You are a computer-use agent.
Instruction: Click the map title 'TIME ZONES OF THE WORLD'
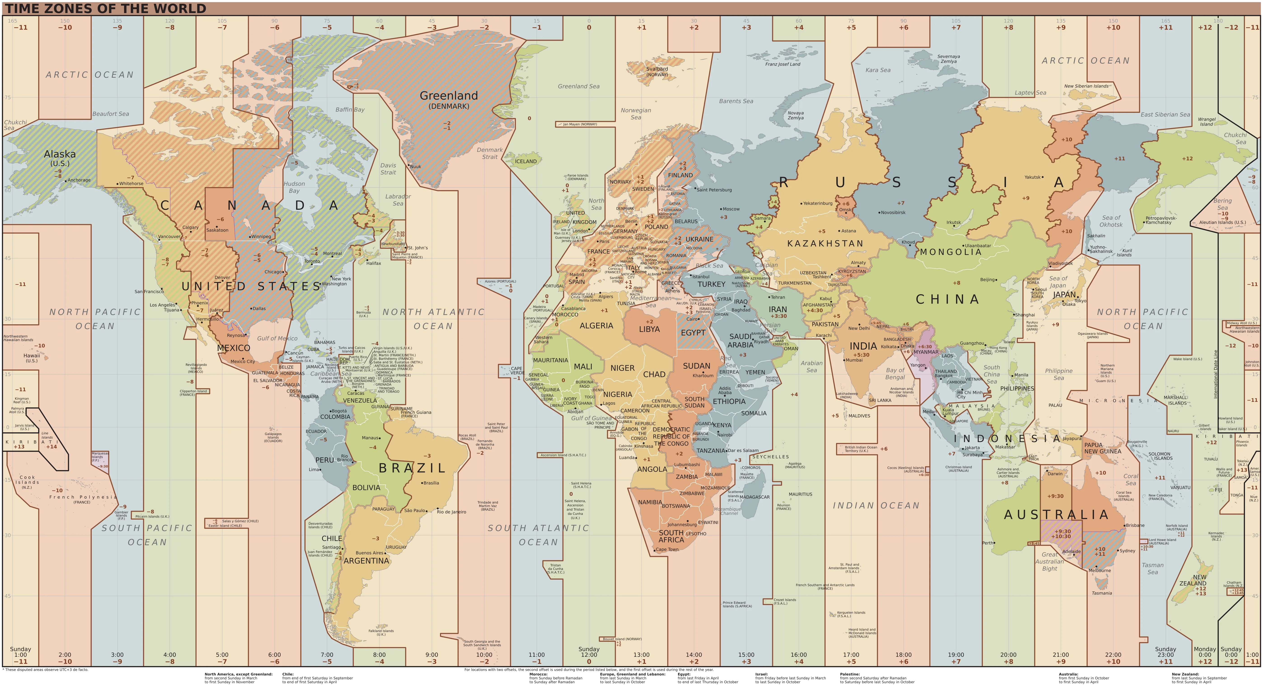click(x=105, y=8)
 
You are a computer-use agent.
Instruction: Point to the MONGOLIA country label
click(x=951, y=252)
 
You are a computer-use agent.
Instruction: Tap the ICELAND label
click(x=526, y=161)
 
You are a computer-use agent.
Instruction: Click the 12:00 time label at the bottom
click(x=589, y=654)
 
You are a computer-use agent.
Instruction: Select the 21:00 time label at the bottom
click(x=1061, y=654)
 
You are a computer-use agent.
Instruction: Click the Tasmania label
click(x=1102, y=593)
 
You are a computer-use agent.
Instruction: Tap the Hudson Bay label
click(x=294, y=187)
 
